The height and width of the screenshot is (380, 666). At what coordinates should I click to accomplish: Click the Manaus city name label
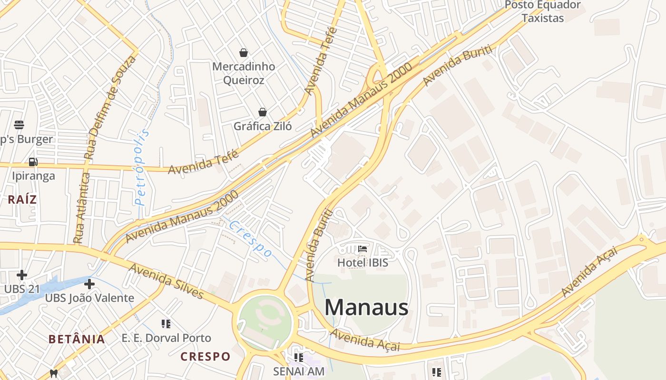tap(366, 307)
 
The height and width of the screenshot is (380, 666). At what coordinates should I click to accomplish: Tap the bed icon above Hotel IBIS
tap(362, 248)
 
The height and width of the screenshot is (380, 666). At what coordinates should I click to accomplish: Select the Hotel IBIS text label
tap(362, 262)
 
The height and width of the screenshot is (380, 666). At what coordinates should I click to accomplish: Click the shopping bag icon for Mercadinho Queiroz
tap(244, 52)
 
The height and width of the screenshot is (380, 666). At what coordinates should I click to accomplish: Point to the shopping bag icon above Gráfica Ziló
tap(262, 112)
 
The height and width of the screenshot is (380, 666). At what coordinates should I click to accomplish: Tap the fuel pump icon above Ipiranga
tap(33, 162)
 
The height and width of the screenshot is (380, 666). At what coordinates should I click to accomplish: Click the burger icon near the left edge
tap(19, 125)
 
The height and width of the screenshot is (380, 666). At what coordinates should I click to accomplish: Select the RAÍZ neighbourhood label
tap(22, 199)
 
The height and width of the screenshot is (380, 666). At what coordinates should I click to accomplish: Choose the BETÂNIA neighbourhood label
tap(77, 339)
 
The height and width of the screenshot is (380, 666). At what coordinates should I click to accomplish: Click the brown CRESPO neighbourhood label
tap(205, 356)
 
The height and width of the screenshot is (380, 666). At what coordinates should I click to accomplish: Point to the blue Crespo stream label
tap(250, 238)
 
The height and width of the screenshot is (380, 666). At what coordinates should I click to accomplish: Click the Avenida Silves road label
tap(166, 281)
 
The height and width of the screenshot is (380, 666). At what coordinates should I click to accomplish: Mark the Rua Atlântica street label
tap(82, 209)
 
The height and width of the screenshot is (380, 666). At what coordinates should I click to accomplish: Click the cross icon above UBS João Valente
tap(89, 285)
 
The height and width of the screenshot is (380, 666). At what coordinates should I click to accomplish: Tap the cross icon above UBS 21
tap(21, 275)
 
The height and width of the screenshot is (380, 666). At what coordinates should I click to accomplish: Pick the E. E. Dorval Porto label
tap(166, 338)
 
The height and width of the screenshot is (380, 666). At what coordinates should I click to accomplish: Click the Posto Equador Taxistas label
tap(542, 12)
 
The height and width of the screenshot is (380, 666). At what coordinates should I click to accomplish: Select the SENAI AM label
tap(299, 371)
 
